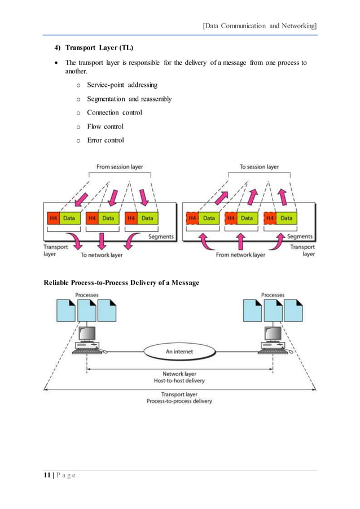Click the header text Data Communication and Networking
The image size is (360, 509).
260,25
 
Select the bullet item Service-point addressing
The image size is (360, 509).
122,85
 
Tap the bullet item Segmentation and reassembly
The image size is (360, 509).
129,99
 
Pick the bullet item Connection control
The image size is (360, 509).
114,113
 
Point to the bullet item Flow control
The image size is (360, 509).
105,126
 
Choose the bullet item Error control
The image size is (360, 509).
105,141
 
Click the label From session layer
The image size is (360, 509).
120,166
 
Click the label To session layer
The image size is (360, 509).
259,166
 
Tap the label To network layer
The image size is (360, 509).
101,255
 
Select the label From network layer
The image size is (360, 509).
240,255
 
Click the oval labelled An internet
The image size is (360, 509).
179,351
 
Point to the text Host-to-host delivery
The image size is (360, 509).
179,381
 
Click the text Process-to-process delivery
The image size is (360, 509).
179,401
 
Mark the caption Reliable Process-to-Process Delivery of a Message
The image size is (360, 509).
121,282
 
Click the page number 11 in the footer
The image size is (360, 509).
48,475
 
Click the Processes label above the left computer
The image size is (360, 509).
87,295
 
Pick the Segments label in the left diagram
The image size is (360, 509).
161,236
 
